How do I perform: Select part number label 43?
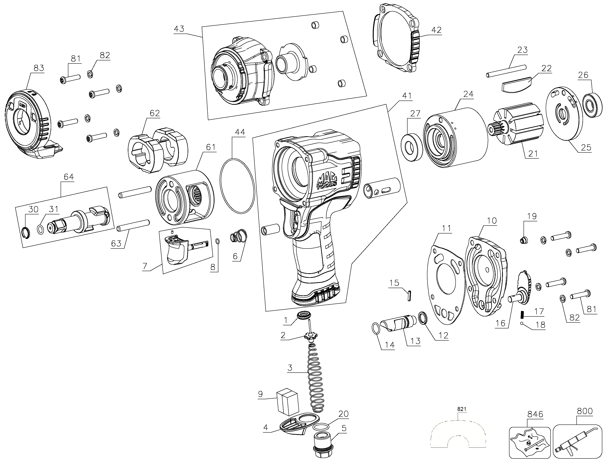[x=179, y=29]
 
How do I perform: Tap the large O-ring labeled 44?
[x=237, y=186]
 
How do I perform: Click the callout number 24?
[x=468, y=94]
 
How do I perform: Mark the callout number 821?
[x=462, y=409]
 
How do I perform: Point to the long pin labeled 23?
[x=506, y=71]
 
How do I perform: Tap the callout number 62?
[x=155, y=113]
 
